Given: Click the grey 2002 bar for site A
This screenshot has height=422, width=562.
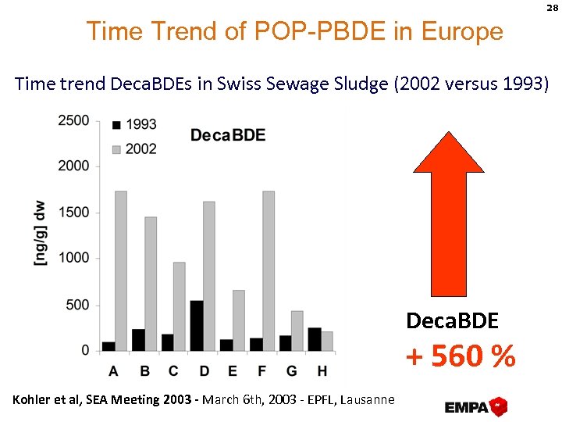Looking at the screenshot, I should (x=121, y=270).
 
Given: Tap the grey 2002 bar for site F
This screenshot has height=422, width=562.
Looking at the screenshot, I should (x=269, y=270).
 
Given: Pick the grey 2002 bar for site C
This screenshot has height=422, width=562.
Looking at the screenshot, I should (x=180, y=306).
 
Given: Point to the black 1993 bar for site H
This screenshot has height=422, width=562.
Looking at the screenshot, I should (x=315, y=339).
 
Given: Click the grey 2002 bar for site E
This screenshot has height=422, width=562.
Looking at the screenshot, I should (x=239, y=320).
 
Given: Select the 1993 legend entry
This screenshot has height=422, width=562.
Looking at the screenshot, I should (x=134, y=124).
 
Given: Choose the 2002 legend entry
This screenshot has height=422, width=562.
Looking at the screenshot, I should (x=134, y=148).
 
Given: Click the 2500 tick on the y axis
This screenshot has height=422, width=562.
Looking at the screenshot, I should (x=73, y=121).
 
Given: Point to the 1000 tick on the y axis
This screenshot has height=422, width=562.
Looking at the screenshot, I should (x=73, y=258).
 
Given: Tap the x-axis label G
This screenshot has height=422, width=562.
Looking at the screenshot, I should (x=291, y=370).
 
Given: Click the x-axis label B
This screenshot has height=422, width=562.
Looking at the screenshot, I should (x=144, y=370).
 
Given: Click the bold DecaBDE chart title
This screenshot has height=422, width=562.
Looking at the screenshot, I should (x=228, y=135).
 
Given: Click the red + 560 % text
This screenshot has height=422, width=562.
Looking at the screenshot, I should (x=461, y=356).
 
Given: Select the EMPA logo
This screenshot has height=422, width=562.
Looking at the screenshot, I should (x=476, y=406).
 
